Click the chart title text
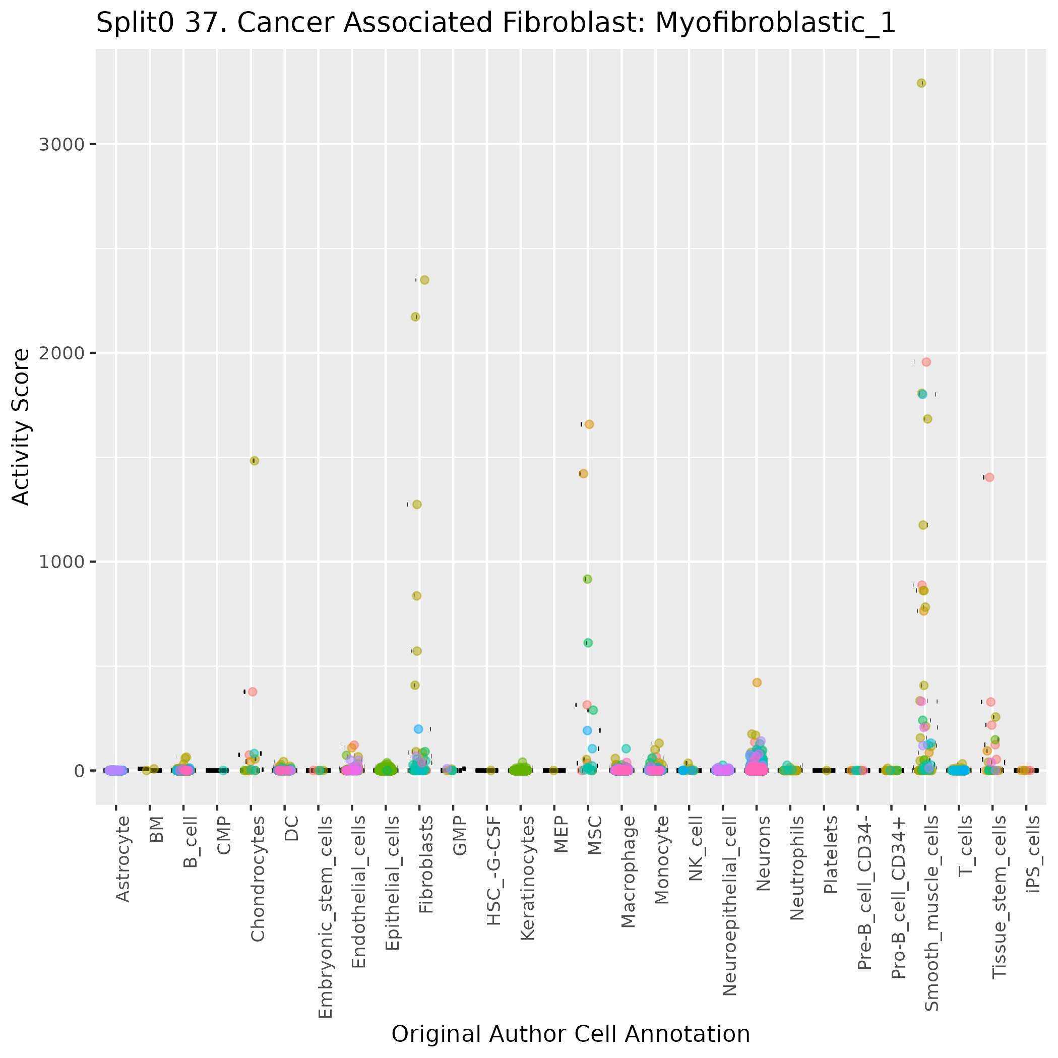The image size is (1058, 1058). pyautogui.click(x=495, y=24)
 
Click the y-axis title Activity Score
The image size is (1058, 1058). pyautogui.click(x=21, y=427)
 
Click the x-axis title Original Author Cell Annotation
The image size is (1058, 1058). pyautogui.click(x=571, y=1034)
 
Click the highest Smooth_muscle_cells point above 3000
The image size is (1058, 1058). pyautogui.click(x=921, y=83)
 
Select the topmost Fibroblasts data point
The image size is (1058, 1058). pyautogui.click(x=424, y=280)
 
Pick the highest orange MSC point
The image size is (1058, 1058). pyautogui.click(x=589, y=424)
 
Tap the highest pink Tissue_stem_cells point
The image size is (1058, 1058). pyautogui.click(x=989, y=477)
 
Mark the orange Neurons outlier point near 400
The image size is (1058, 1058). pyautogui.click(x=757, y=682)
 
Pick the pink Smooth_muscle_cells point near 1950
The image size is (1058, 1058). pyautogui.click(x=926, y=362)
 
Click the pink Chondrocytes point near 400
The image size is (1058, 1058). pyautogui.click(x=253, y=692)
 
